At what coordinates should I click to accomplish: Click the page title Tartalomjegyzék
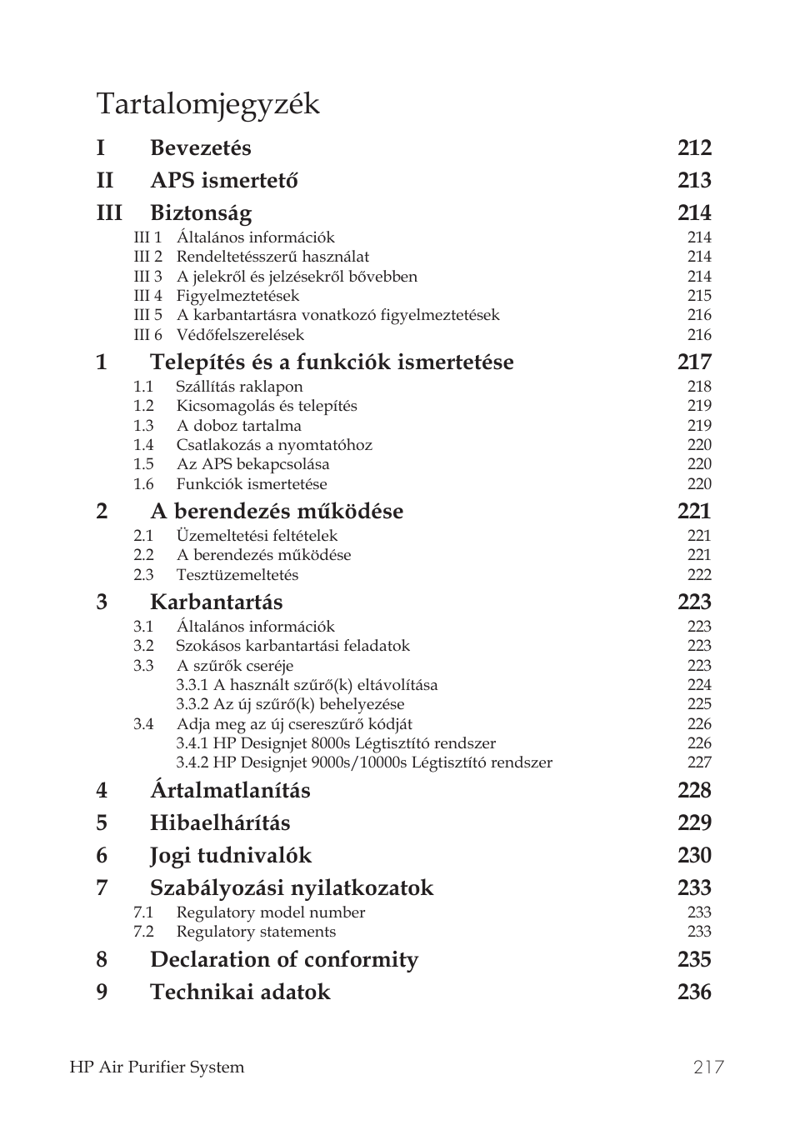(x=207, y=104)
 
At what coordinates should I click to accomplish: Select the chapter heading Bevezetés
(x=200, y=147)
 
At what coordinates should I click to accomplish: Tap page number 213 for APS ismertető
(x=694, y=180)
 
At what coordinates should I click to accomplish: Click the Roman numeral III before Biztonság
(x=109, y=212)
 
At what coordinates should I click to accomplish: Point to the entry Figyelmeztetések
(x=237, y=296)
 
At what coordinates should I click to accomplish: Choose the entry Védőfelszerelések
(x=240, y=335)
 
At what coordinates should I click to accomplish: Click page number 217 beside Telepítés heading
(x=694, y=362)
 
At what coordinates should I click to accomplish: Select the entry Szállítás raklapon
(x=239, y=387)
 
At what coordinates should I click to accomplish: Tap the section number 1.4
(x=143, y=445)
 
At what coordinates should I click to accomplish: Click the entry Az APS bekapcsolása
(x=252, y=464)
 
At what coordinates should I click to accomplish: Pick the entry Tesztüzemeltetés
(x=237, y=575)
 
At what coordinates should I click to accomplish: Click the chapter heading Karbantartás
(x=216, y=602)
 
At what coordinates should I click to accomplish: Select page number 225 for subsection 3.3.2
(x=699, y=704)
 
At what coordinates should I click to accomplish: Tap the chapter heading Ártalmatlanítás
(x=230, y=790)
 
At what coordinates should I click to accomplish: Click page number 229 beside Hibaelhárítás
(x=694, y=822)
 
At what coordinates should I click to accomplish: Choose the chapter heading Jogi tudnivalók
(x=230, y=855)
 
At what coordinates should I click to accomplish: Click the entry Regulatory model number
(x=271, y=912)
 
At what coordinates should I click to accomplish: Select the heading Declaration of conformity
(x=283, y=959)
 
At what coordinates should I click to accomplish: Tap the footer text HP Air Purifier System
(x=157, y=1067)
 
